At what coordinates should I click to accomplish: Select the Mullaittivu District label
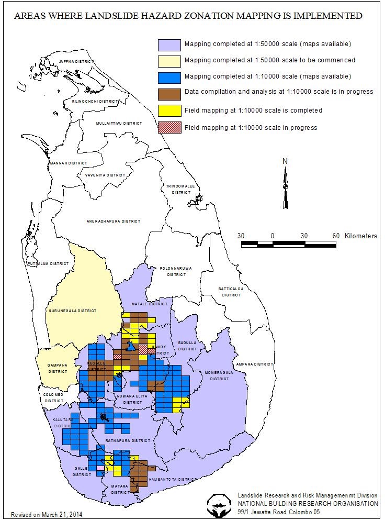click(119, 123)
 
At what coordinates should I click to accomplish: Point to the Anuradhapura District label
click(114, 222)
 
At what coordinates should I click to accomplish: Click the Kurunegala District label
click(73, 311)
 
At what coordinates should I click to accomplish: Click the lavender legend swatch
click(170, 43)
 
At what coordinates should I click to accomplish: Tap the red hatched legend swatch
click(170, 127)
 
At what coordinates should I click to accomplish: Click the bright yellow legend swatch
click(170, 110)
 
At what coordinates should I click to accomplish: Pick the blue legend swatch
click(170, 76)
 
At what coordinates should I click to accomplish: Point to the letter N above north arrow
click(285, 161)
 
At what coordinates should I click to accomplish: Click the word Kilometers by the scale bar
click(360, 236)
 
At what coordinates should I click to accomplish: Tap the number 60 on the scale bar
click(336, 236)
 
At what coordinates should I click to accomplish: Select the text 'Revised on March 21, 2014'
click(47, 514)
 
